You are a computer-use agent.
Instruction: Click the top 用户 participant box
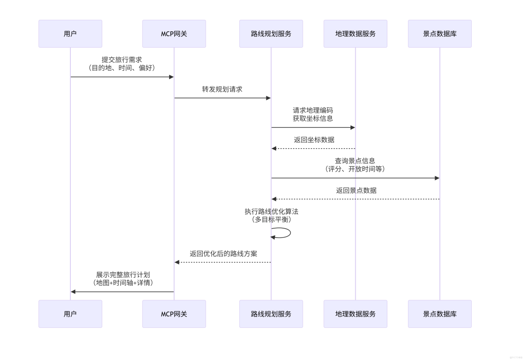click(x=70, y=34)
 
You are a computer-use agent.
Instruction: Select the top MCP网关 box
click(x=174, y=34)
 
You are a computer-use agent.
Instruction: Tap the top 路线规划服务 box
click(x=271, y=34)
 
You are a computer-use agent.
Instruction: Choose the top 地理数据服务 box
click(x=355, y=34)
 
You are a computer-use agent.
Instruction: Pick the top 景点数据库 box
click(x=439, y=34)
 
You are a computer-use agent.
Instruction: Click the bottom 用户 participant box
click(x=70, y=314)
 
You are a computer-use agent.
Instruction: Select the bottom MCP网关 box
click(x=174, y=314)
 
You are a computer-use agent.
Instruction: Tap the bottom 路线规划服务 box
click(x=271, y=314)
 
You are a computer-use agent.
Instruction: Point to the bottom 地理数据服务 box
click(x=355, y=314)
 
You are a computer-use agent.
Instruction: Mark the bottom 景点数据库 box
click(x=439, y=314)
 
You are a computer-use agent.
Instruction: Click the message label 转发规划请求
click(x=222, y=89)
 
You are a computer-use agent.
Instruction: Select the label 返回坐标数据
click(x=314, y=140)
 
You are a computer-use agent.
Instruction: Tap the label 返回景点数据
click(x=356, y=190)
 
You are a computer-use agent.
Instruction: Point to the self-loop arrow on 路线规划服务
click(x=285, y=233)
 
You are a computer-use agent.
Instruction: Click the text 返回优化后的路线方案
click(x=223, y=254)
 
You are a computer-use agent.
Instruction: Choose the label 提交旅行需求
click(x=122, y=59)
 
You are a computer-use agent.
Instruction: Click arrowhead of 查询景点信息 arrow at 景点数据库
click(x=437, y=178)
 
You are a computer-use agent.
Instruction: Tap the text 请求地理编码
click(x=312, y=110)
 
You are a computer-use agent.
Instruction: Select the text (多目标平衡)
click(x=271, y=219)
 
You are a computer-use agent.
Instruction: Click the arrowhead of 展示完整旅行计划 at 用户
click(x=73, y=291)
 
